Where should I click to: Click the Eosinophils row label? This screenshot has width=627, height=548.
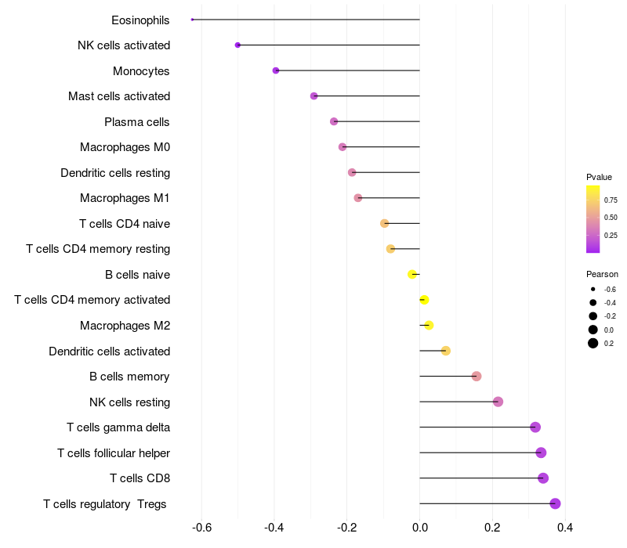[140, 20]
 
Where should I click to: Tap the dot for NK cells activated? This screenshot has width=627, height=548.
[237, 45]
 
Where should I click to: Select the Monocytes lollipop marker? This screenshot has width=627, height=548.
[276, 70]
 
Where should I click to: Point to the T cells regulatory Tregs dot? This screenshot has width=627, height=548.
[556, 503]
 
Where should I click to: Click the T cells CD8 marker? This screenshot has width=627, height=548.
[543, 478]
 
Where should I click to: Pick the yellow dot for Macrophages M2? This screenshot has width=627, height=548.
[429, 325]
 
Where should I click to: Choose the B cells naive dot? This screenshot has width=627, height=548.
[412, 274]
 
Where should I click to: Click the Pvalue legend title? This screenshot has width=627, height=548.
[599, 177]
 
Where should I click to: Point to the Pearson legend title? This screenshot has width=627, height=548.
[602, 274]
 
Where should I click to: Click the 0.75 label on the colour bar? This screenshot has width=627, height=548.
[611, 200]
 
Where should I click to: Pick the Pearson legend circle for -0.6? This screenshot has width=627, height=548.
[593, 290]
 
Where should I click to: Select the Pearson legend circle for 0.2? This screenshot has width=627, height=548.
[593, 343]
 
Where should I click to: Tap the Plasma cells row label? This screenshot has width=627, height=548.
[137, 122]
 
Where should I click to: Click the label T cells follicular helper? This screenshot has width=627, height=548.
[114, 453]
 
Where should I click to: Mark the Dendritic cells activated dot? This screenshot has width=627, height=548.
[446, 351]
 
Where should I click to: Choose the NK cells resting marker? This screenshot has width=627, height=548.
[498, 402]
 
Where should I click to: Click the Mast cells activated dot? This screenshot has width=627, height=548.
[314, 96]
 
